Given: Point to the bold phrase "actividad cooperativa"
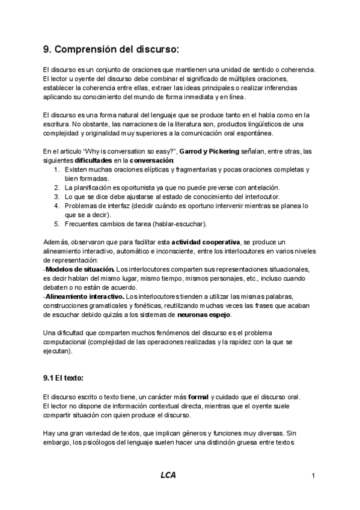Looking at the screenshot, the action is (206, 242).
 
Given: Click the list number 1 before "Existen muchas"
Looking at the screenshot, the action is (56, 170).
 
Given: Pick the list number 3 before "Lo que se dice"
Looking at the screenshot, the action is (56, 197).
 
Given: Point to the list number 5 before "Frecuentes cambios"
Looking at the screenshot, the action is (56, 224).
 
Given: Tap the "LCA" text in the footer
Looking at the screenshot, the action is (168, 476).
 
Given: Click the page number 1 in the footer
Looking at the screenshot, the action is (314, 476).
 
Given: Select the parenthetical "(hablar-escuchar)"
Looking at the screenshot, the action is (178, 224).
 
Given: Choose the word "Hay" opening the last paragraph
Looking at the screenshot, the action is (50, 432).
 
